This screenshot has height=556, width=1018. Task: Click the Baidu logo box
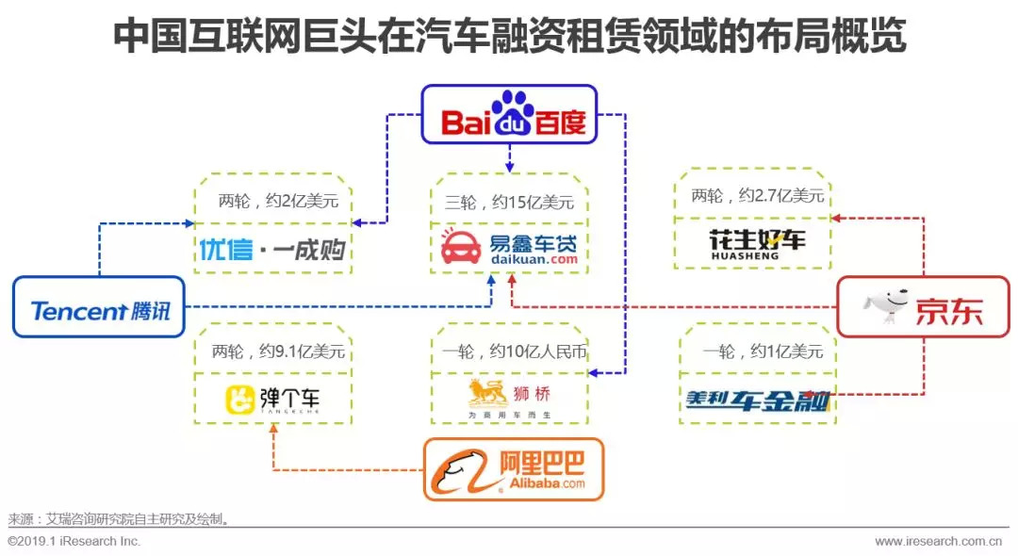point(509,114)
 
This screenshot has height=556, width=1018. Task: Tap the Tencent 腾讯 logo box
point(99,307)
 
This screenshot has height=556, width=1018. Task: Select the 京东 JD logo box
point(924,307)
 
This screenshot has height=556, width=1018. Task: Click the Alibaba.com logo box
point(513,469)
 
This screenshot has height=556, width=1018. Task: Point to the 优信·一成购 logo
point(272,249)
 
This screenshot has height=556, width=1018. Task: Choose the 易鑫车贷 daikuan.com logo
point(509,248)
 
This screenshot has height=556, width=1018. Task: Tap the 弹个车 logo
point(272,400)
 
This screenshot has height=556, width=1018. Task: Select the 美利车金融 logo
point(758,400)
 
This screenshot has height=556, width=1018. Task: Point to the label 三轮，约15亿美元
point(509,202)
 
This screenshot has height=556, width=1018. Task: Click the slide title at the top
point(509,38)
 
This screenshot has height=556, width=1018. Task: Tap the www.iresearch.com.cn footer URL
point(937,542)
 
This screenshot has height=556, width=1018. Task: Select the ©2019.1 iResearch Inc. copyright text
point(74,542)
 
